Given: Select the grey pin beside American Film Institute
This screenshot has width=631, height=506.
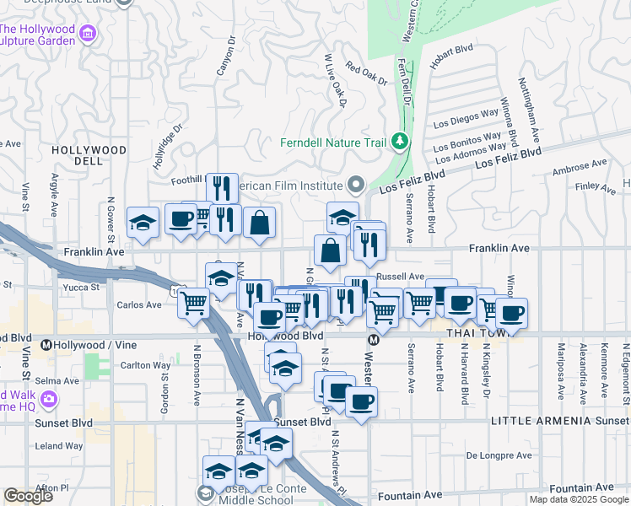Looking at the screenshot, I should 356,185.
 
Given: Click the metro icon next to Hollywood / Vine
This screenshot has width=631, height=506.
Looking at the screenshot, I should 46,345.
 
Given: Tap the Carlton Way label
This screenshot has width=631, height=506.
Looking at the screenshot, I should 140,365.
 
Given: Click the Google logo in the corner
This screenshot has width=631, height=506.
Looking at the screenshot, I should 28,496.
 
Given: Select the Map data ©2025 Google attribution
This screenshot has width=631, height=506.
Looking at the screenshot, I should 579,499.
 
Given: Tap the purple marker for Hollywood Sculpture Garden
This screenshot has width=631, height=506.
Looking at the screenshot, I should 89,35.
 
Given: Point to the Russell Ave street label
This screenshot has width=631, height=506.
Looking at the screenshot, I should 400,276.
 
